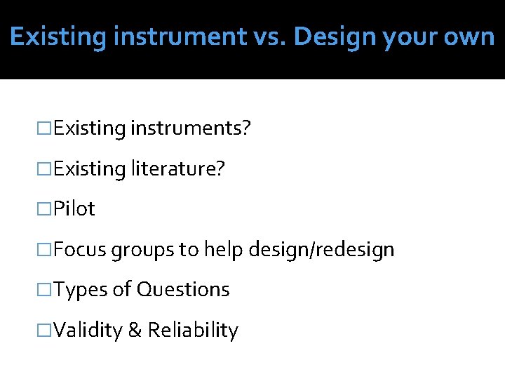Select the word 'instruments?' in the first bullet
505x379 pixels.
(190, 128)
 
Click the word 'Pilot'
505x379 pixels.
(74, 209)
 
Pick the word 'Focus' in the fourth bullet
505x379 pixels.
(79, 249)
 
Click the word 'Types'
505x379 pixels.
(79, 290)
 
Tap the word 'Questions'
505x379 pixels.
(183, 290)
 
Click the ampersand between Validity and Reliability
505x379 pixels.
(135, 331)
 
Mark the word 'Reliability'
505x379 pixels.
(193, 331)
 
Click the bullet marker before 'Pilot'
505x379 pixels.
(46, 209)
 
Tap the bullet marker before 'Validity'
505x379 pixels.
(46, 331)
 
